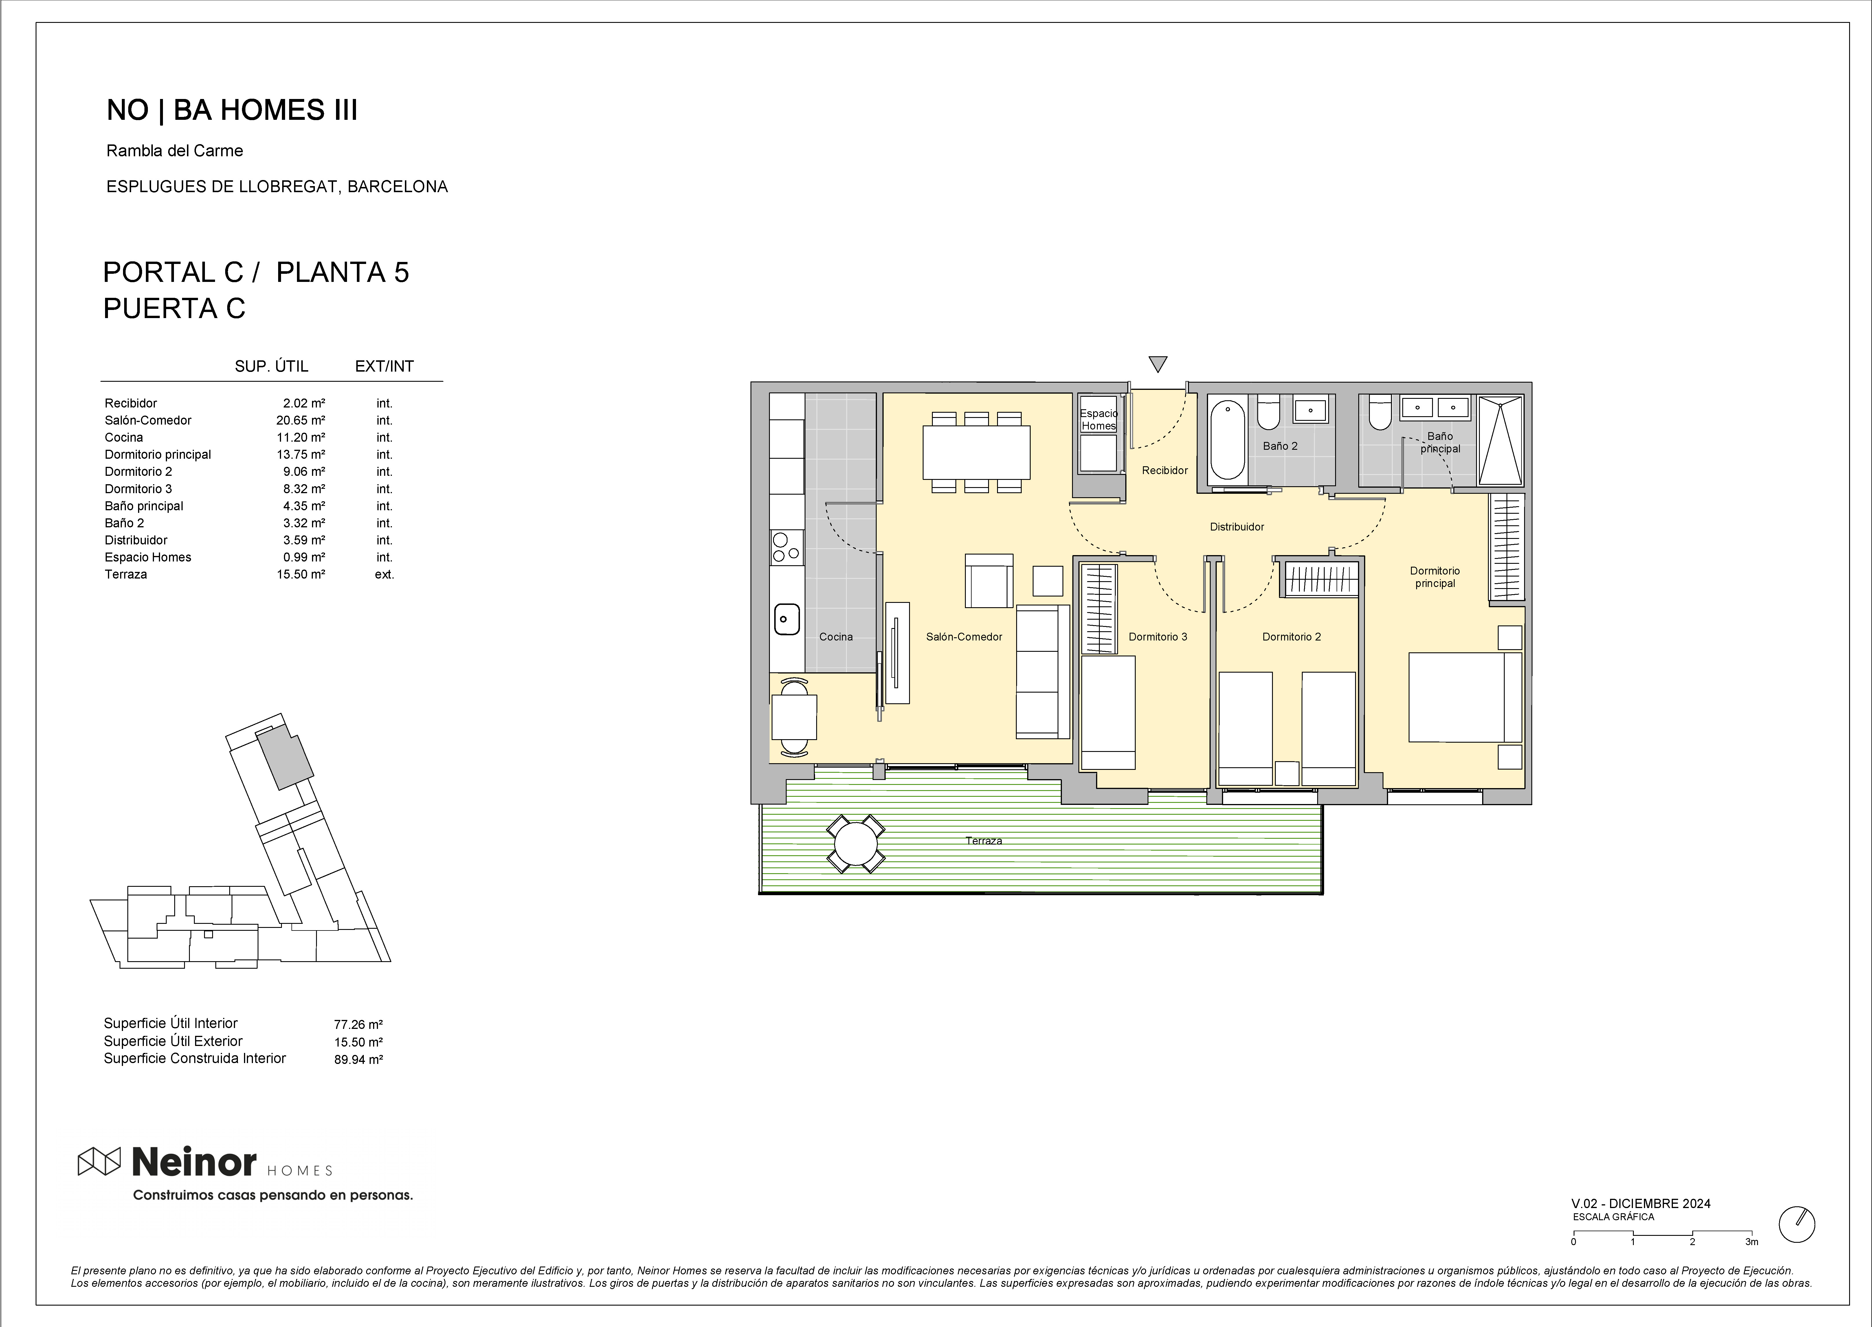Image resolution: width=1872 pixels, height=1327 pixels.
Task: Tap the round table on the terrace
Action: click(x=856, y=843)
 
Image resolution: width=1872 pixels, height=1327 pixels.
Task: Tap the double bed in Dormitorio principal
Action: click(x=1465, y=697)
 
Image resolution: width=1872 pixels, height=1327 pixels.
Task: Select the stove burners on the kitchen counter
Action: click(x=787, y=547)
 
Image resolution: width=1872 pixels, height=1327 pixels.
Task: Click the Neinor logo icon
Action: click(x=99, y=1161)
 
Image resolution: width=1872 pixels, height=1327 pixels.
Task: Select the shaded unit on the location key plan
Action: click(x=284, y=758)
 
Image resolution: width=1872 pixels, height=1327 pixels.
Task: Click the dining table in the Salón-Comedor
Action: click(x=977, y=452)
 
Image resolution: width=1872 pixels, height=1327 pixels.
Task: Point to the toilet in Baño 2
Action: click(x=1268, y=413)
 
